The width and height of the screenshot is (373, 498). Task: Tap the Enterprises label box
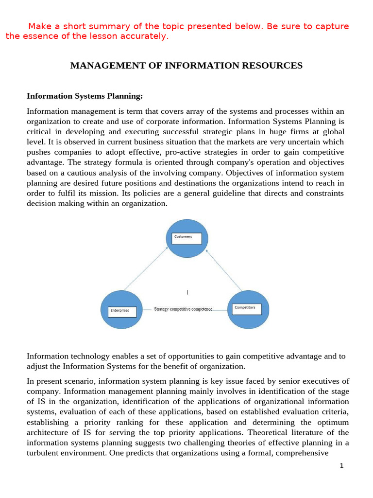tap(122, 311)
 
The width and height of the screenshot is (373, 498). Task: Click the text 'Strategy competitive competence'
tap(183, 309)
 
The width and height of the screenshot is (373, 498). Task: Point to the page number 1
tap(341, 466)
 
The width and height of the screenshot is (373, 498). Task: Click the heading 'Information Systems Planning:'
tap(85, 96)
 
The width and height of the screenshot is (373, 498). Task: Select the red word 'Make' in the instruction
tap(38, 26)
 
